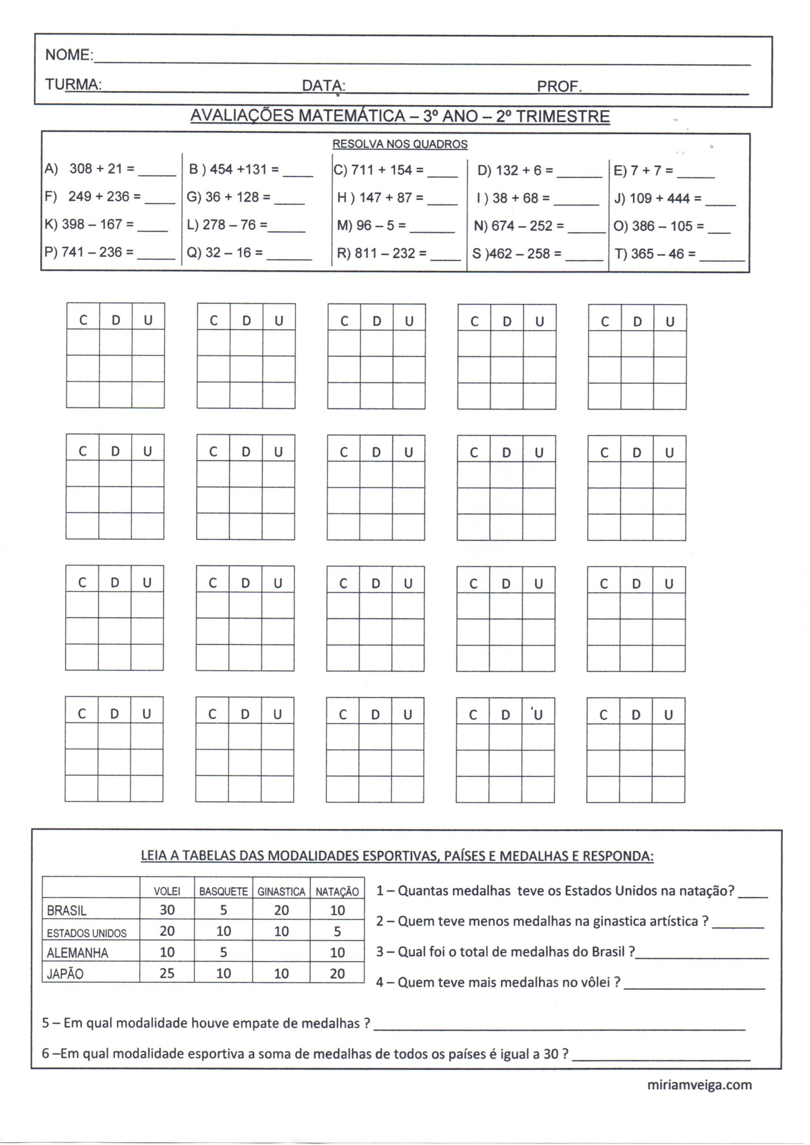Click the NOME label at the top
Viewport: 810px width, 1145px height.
point(68,55)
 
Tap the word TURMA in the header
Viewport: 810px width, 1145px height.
point(73,85)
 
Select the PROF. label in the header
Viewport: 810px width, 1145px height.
point(559,87)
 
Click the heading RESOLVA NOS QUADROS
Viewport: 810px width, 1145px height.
point(400,144)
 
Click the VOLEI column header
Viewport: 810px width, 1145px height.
point(167,891)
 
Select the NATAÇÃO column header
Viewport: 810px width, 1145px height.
point(337,891)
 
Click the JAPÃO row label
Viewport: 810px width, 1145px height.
point(65,974)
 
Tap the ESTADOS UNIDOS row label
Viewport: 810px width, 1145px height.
point(87,933)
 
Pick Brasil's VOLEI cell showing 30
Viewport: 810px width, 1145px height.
point(167,910)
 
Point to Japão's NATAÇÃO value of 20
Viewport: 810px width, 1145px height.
point(337,973)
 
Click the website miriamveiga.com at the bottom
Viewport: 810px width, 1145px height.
point(699,1085)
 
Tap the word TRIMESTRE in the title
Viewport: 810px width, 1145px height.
point(563,117)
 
